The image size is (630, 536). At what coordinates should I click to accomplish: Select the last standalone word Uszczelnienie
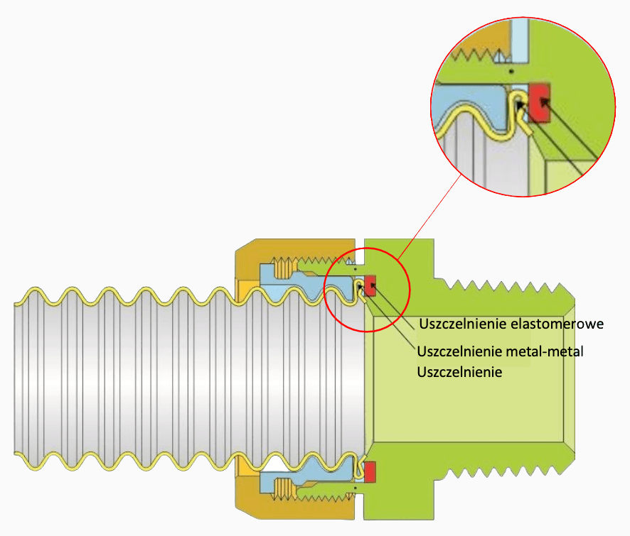459,372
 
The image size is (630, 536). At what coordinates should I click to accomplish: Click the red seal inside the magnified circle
539,102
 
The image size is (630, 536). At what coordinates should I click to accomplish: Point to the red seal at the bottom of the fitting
370,472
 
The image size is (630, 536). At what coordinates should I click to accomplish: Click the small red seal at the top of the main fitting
370,285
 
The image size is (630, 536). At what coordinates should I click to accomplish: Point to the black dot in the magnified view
511,72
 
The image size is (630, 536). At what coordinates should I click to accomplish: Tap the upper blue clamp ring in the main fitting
305,281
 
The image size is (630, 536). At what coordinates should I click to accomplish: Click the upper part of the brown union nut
293,251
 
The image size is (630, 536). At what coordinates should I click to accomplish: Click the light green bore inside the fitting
468,379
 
